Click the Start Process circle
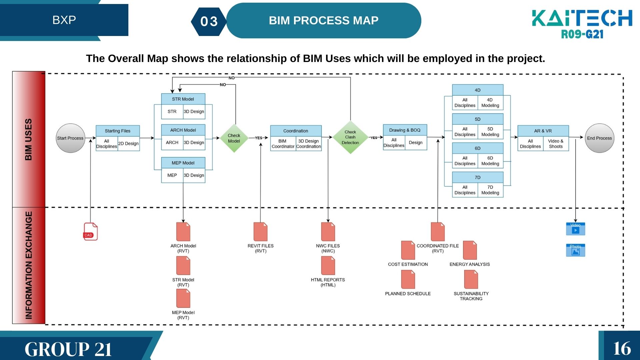pos(70,138)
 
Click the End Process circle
pos(599,138)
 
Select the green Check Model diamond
pos(234,138)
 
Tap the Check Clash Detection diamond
pos(350,137)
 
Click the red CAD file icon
pos(90,231)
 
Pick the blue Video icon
pos(575,229)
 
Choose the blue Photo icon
pos(575,250)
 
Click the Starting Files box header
pos(118,131)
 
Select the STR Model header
pos(183,99)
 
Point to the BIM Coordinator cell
pos(283,144)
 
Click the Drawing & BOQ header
pos(405,130)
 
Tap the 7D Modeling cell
pos(490,190)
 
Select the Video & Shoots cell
pos(556,144)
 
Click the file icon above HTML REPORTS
pos(328,266)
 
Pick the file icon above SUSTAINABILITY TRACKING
pos(471,279)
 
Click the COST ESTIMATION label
pos(408,264)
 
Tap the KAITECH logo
pos(582,23)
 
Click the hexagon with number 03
pos(209,22)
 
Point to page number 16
pos(622,348)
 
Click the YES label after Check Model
pos(259,138)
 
